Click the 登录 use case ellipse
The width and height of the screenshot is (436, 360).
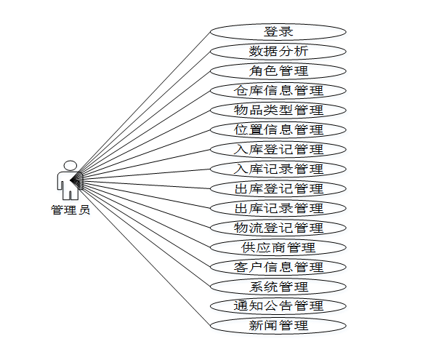(278, 32)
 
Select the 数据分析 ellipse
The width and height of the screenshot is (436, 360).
(278, 52)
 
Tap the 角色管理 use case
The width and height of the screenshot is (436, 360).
(278, 71)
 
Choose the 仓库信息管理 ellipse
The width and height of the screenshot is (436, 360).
(278, 91)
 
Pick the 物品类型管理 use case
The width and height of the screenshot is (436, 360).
(278, 111)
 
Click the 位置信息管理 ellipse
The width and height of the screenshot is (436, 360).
(278, 130)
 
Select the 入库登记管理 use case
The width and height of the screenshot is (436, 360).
(278, 150)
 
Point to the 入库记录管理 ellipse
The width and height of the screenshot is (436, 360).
(278, 169)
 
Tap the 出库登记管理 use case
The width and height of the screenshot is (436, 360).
(278, 189)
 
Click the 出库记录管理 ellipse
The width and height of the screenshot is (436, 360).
(278, 209)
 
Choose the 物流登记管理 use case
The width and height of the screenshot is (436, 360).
(278, 228)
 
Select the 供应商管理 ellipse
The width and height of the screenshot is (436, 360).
(278, 248)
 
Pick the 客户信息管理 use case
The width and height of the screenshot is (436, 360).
(278, 268)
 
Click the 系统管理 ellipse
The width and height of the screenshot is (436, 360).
(278, 287)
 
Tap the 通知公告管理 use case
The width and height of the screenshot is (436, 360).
(278, 306)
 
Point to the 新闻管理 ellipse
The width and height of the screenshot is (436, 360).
(278, 326)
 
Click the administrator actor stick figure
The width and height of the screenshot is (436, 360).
(69, 182)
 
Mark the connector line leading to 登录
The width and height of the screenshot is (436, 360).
(145, 102)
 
